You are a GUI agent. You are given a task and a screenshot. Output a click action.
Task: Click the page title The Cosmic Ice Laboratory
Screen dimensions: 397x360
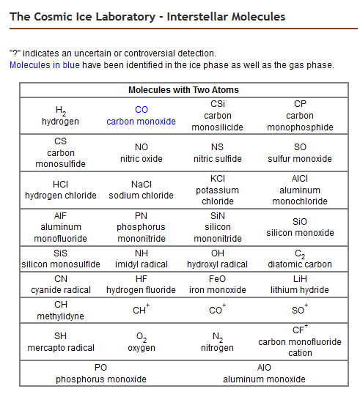tap(147, 16)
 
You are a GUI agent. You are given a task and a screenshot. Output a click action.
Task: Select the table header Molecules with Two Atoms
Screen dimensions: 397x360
tap(183, 90)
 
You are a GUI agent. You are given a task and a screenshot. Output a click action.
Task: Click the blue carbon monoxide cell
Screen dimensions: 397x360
tap(141, 116)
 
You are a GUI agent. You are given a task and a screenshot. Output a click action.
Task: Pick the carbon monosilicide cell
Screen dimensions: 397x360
tap(217, 116)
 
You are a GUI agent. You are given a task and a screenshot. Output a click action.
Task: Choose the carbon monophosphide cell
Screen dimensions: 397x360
tap(300, 116)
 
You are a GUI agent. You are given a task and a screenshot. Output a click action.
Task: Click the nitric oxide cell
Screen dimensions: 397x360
tap(141, 152)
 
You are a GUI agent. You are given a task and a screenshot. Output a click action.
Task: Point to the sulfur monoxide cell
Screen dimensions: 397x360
tap(300, 152)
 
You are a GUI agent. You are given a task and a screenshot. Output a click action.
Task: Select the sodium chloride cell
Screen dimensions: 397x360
tap(141, 190)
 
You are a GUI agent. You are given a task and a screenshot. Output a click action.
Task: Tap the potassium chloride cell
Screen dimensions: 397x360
tap(217, 190)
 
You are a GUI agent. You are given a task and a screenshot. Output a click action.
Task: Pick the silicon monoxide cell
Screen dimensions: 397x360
tap(300, 227)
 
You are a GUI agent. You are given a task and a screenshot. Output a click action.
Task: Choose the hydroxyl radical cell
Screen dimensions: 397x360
tap(217, 259)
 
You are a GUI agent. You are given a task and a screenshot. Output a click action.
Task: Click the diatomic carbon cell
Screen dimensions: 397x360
tap(300, 259)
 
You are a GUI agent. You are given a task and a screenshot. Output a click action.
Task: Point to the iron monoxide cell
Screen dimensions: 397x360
tap(217, 284)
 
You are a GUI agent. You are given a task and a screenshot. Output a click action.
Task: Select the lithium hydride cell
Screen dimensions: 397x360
tap(300, 284)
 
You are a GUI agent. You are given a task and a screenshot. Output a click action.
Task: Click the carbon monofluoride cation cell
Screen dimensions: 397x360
tap(300, 341)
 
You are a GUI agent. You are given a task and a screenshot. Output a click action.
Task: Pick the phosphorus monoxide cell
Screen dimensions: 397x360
tap(101, 373)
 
